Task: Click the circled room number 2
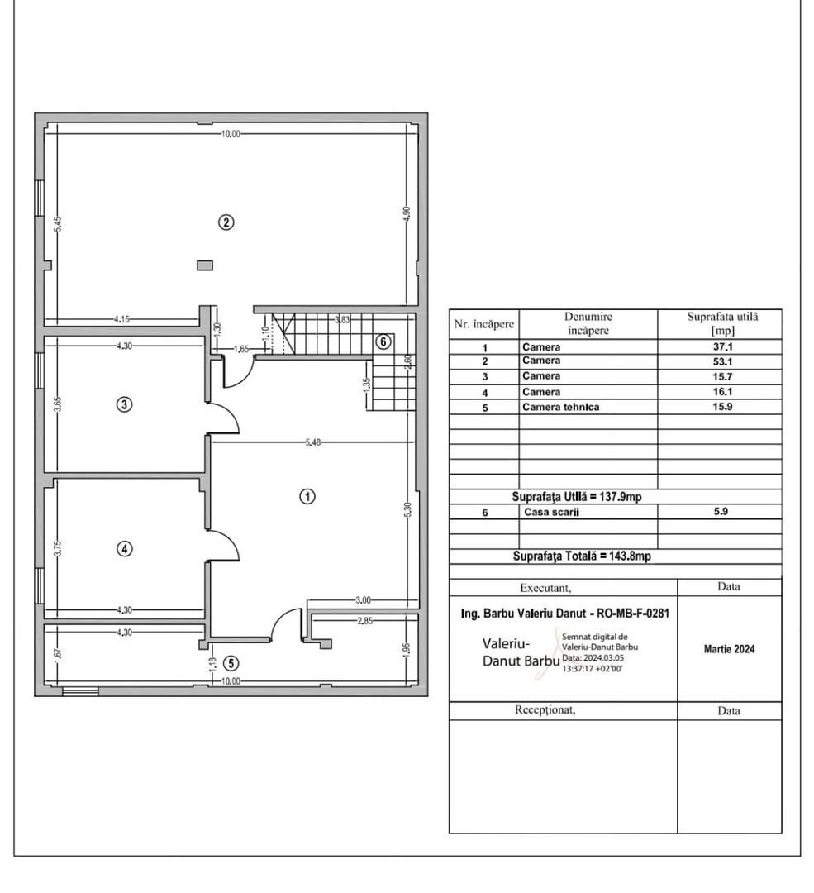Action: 225,222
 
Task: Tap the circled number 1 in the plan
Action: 307,496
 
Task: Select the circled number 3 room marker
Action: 123,404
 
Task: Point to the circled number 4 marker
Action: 123,548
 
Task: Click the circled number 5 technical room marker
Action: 231,662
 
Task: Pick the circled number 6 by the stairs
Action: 382,341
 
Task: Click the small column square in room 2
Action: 204,265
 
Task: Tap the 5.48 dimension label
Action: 312,443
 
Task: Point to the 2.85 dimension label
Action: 360,620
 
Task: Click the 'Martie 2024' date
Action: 728,649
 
